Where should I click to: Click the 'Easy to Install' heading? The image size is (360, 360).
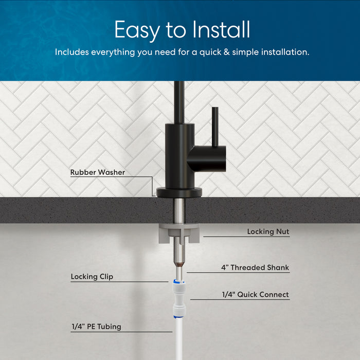coord(182,30)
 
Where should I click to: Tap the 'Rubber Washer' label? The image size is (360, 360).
coord(98,173)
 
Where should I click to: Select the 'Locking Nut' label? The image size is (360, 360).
coord(268,232)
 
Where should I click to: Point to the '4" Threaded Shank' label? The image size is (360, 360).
coord(255,268)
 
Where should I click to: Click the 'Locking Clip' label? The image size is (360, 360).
coord(92,277)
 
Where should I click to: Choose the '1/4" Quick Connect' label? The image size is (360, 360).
coord(255,295)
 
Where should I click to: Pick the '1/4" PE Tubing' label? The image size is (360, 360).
coord(97,327)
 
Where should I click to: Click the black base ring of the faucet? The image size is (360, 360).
coord(179,193)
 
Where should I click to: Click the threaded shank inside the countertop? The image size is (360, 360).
coord(179,211)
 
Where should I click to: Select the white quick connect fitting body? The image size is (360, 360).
coord(179,297)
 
